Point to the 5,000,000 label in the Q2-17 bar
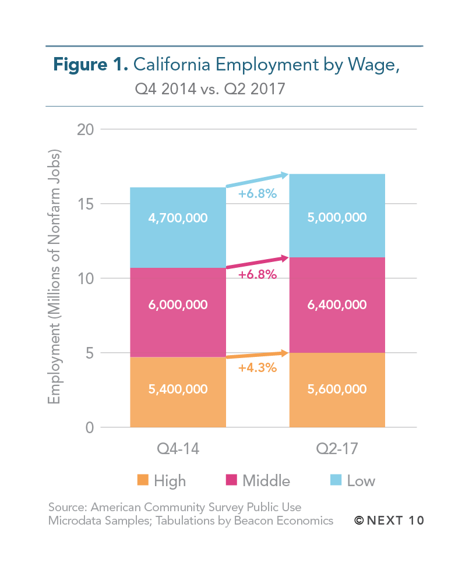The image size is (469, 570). click(x=337, y=218)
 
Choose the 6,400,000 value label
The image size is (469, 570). click(x=337, y=305)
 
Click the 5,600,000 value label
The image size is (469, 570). click(x=337, y=389)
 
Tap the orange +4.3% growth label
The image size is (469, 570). click(x=258, y=368)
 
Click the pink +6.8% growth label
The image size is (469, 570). click(x=258, y=274)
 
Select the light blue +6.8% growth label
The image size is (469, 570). click(x=258, y=193)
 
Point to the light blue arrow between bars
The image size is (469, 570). click(x=258, y=180)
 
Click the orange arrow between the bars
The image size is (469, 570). click(x=258, y=355)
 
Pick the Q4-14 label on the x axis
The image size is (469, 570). click(x=178, y=450)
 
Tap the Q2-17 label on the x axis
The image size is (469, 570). click(x=337, y=450)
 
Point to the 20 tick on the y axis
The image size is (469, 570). click(x=86, y=129)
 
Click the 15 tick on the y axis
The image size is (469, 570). click(x=86, y=204)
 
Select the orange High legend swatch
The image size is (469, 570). click(x=143, y=480)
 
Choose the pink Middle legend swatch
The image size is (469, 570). click(x=231, y=480)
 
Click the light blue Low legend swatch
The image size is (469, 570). click(x=335, y=480)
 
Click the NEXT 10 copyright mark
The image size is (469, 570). click(x=389, y=520)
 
